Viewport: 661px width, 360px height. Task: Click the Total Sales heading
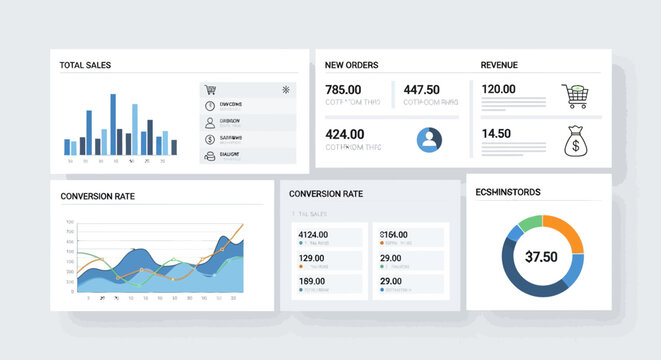[x=85, y=65]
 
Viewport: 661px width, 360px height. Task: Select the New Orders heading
[x=351, y=65]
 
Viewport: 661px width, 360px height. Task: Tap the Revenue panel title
[x=499, y=65]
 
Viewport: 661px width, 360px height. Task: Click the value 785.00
[x=344, y=89]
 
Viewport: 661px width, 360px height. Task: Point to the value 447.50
[x=421, y=89]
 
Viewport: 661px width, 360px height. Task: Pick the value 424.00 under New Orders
[x=345, y=134]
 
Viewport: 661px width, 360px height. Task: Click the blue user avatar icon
[x=430, y=139]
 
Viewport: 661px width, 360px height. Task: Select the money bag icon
[x=576, y=142]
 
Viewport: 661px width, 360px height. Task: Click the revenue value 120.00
[x=498, y=89]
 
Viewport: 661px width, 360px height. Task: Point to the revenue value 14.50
[x=496, y=134]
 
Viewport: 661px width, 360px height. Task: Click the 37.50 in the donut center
[x=541, y=257]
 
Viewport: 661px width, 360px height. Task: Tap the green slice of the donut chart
[x=529, y=222]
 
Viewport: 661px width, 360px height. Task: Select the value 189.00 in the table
[x=312, y=281]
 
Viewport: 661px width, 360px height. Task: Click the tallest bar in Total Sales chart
[x=113, y=125]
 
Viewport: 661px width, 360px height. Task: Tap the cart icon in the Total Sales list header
[x=210, y=90]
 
